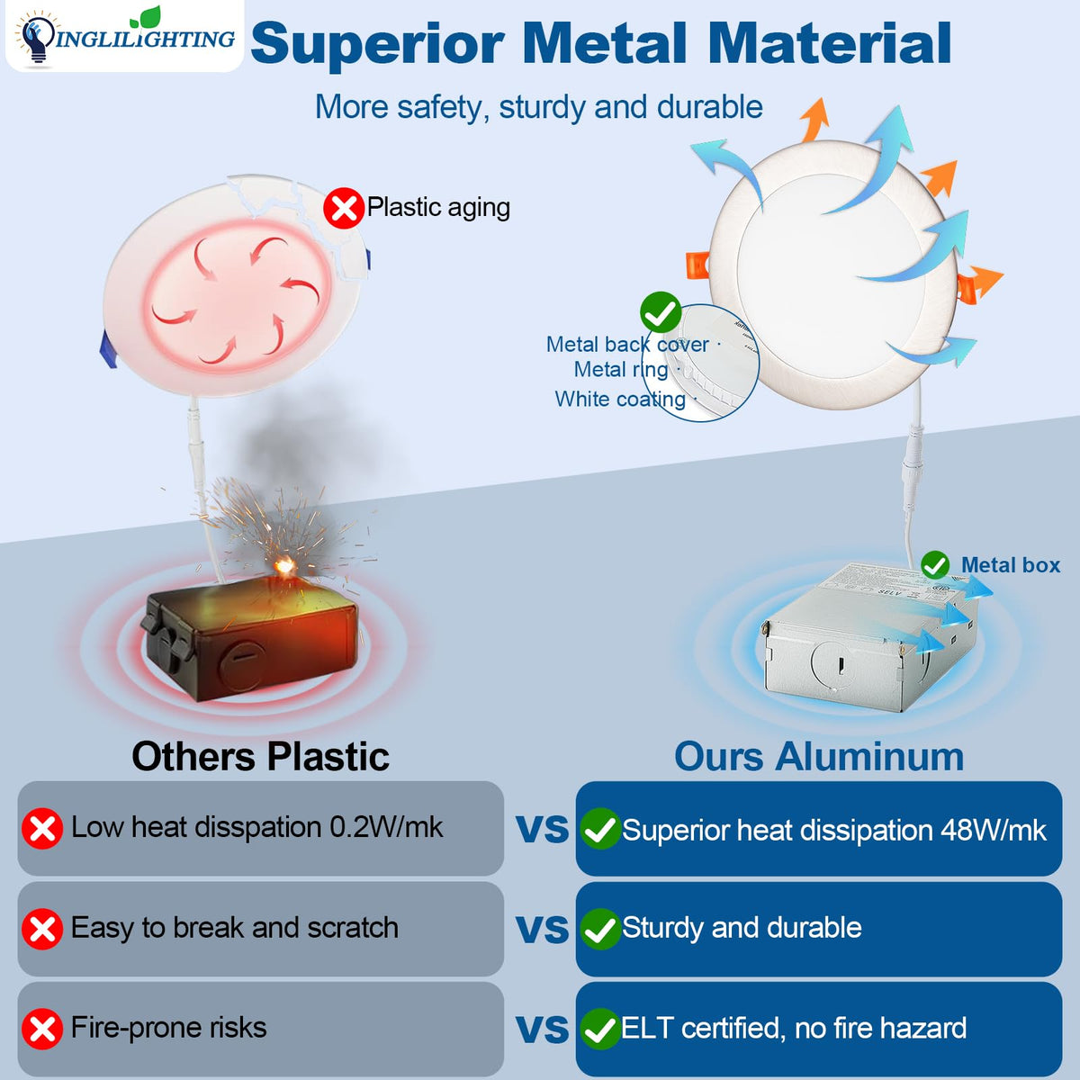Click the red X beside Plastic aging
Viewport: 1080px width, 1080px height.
click(343, 209)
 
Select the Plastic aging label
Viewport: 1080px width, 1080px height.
click(438, 208)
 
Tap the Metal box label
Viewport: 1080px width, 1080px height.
click(1010, 565)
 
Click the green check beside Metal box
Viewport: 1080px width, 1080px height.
click(935, 565)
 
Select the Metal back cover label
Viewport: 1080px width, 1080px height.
click(626, 345)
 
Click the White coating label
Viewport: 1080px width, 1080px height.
click(620, 399)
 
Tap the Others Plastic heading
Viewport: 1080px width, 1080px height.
click(260, 757)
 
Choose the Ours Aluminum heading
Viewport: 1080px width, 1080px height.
click(819, 757)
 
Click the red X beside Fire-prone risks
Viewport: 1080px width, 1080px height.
click(41, 1030)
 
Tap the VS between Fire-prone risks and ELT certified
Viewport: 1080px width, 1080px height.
click(542, 1030)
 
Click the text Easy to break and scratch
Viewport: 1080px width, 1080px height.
click(234, 928)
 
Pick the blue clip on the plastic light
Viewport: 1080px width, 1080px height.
click(106, 348)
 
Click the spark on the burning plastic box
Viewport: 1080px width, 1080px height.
click(284, 566)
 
